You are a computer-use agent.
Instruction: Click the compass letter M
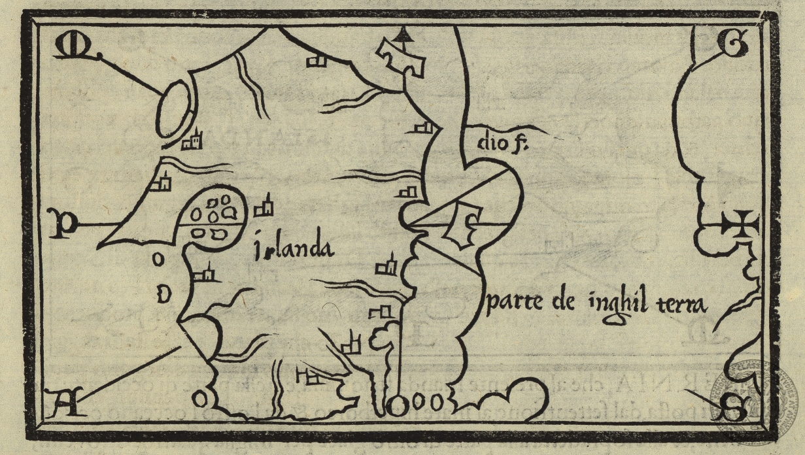[67, 46]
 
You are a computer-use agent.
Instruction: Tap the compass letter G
[729, 42]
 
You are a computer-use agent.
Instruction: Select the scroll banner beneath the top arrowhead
[401, 57]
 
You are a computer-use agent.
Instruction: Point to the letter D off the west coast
[164, 294]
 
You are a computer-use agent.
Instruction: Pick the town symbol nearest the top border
[317, 61]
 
